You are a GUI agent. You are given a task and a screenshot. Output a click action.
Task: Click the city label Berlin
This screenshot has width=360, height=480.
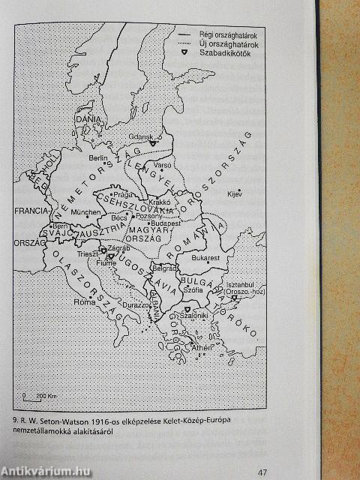96,158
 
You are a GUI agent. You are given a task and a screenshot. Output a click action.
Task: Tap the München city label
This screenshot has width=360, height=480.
88,213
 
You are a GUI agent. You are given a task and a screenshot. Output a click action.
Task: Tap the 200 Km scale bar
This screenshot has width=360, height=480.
34,395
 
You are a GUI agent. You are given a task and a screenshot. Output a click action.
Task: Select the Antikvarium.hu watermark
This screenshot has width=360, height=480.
44,471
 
